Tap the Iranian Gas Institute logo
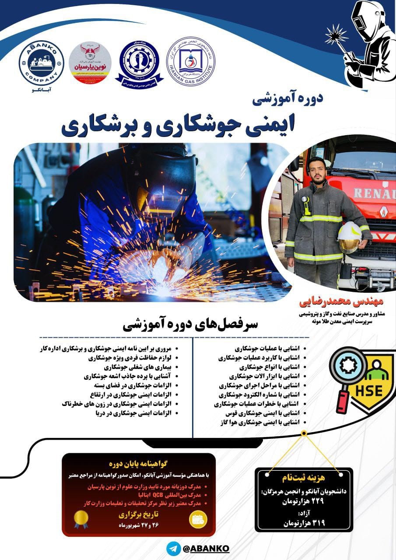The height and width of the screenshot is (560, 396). [191, 61]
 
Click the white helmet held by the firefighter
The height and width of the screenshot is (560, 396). [349, 237]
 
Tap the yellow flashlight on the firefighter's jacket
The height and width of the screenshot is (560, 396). [305, 205]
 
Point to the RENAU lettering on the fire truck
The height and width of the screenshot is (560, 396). [374, 193]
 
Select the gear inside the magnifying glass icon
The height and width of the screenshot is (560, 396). [348, 366]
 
